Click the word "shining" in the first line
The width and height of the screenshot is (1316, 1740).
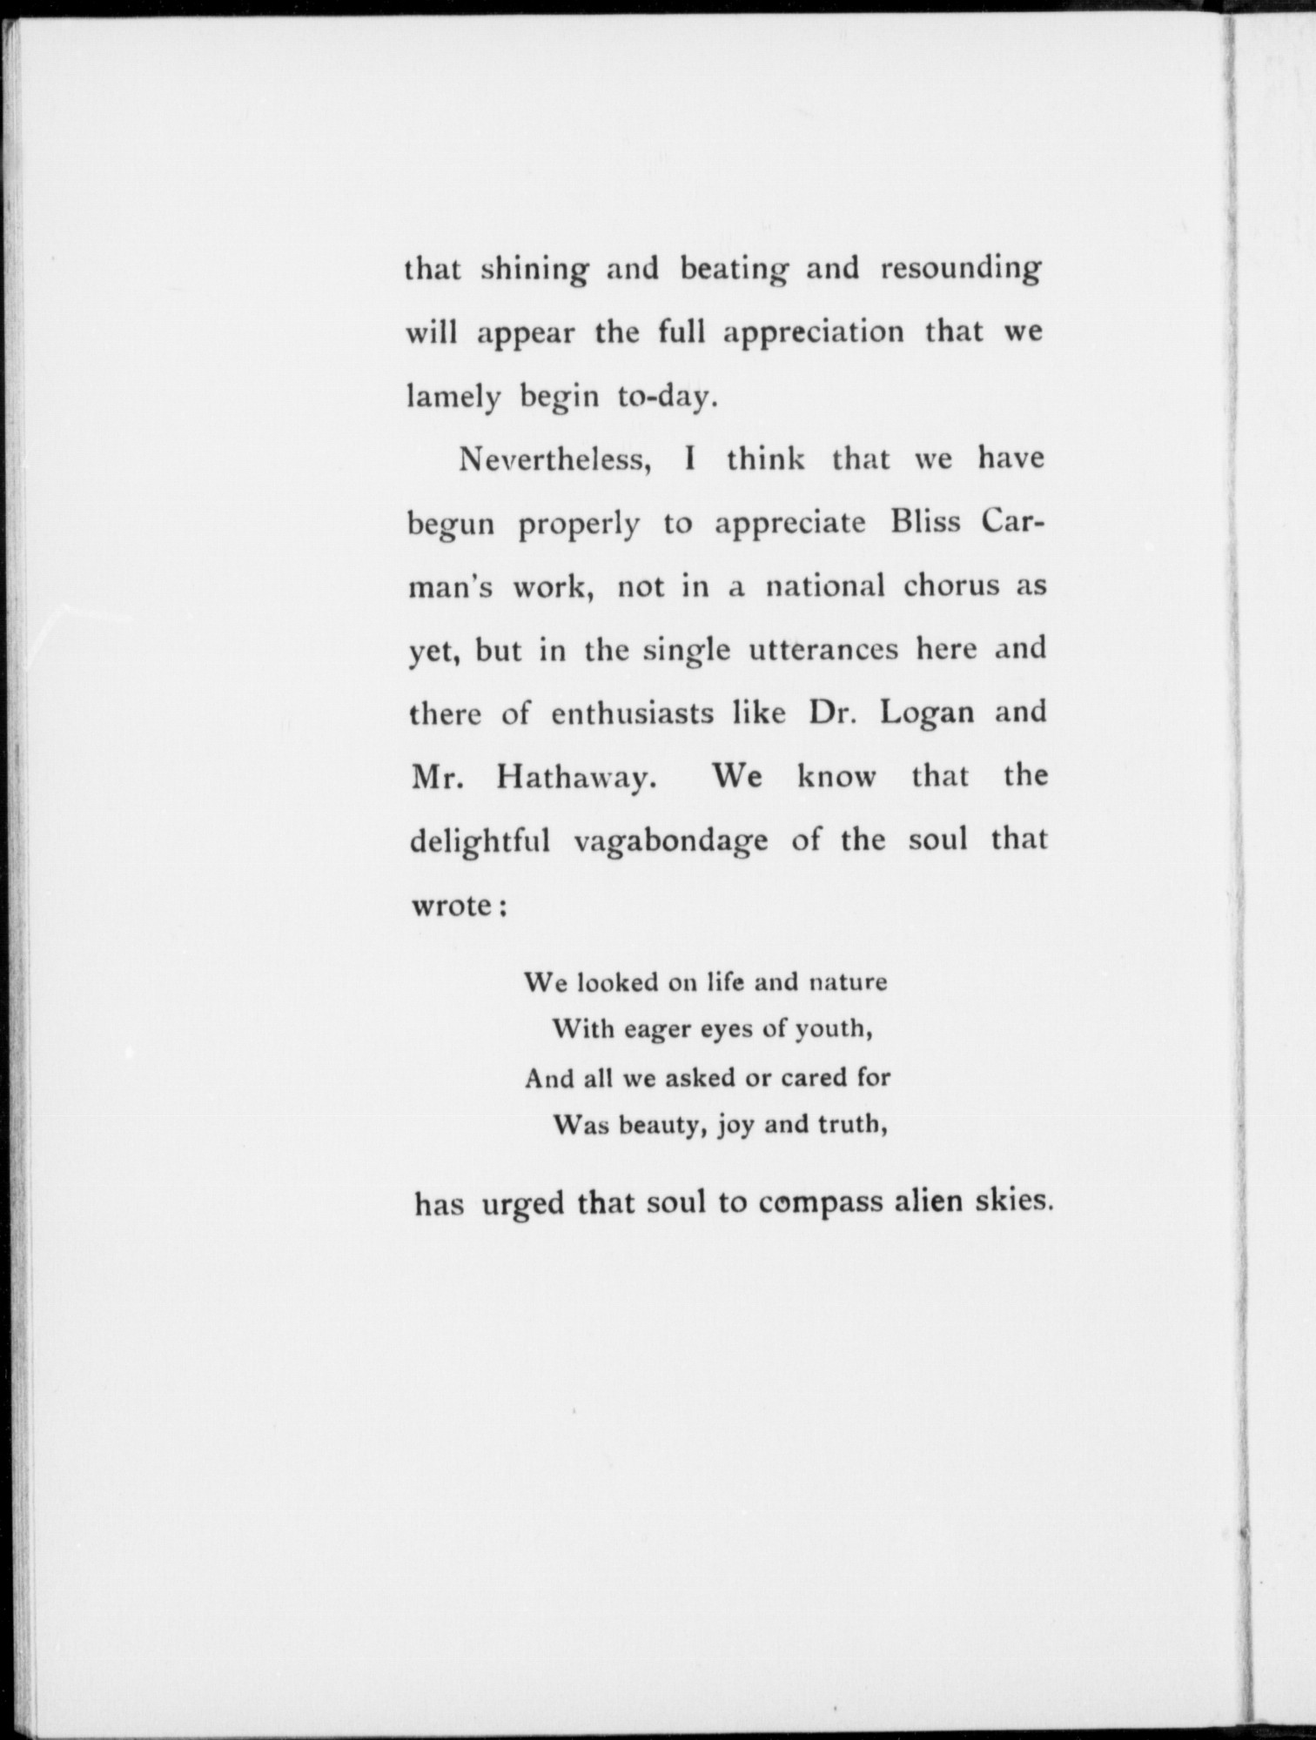[534, 271]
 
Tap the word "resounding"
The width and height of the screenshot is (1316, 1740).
[960, 271]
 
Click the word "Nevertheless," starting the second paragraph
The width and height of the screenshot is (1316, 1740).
[557, 459]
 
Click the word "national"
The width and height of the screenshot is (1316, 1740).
[824, 586]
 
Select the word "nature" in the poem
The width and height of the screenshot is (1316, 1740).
[848, 983]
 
